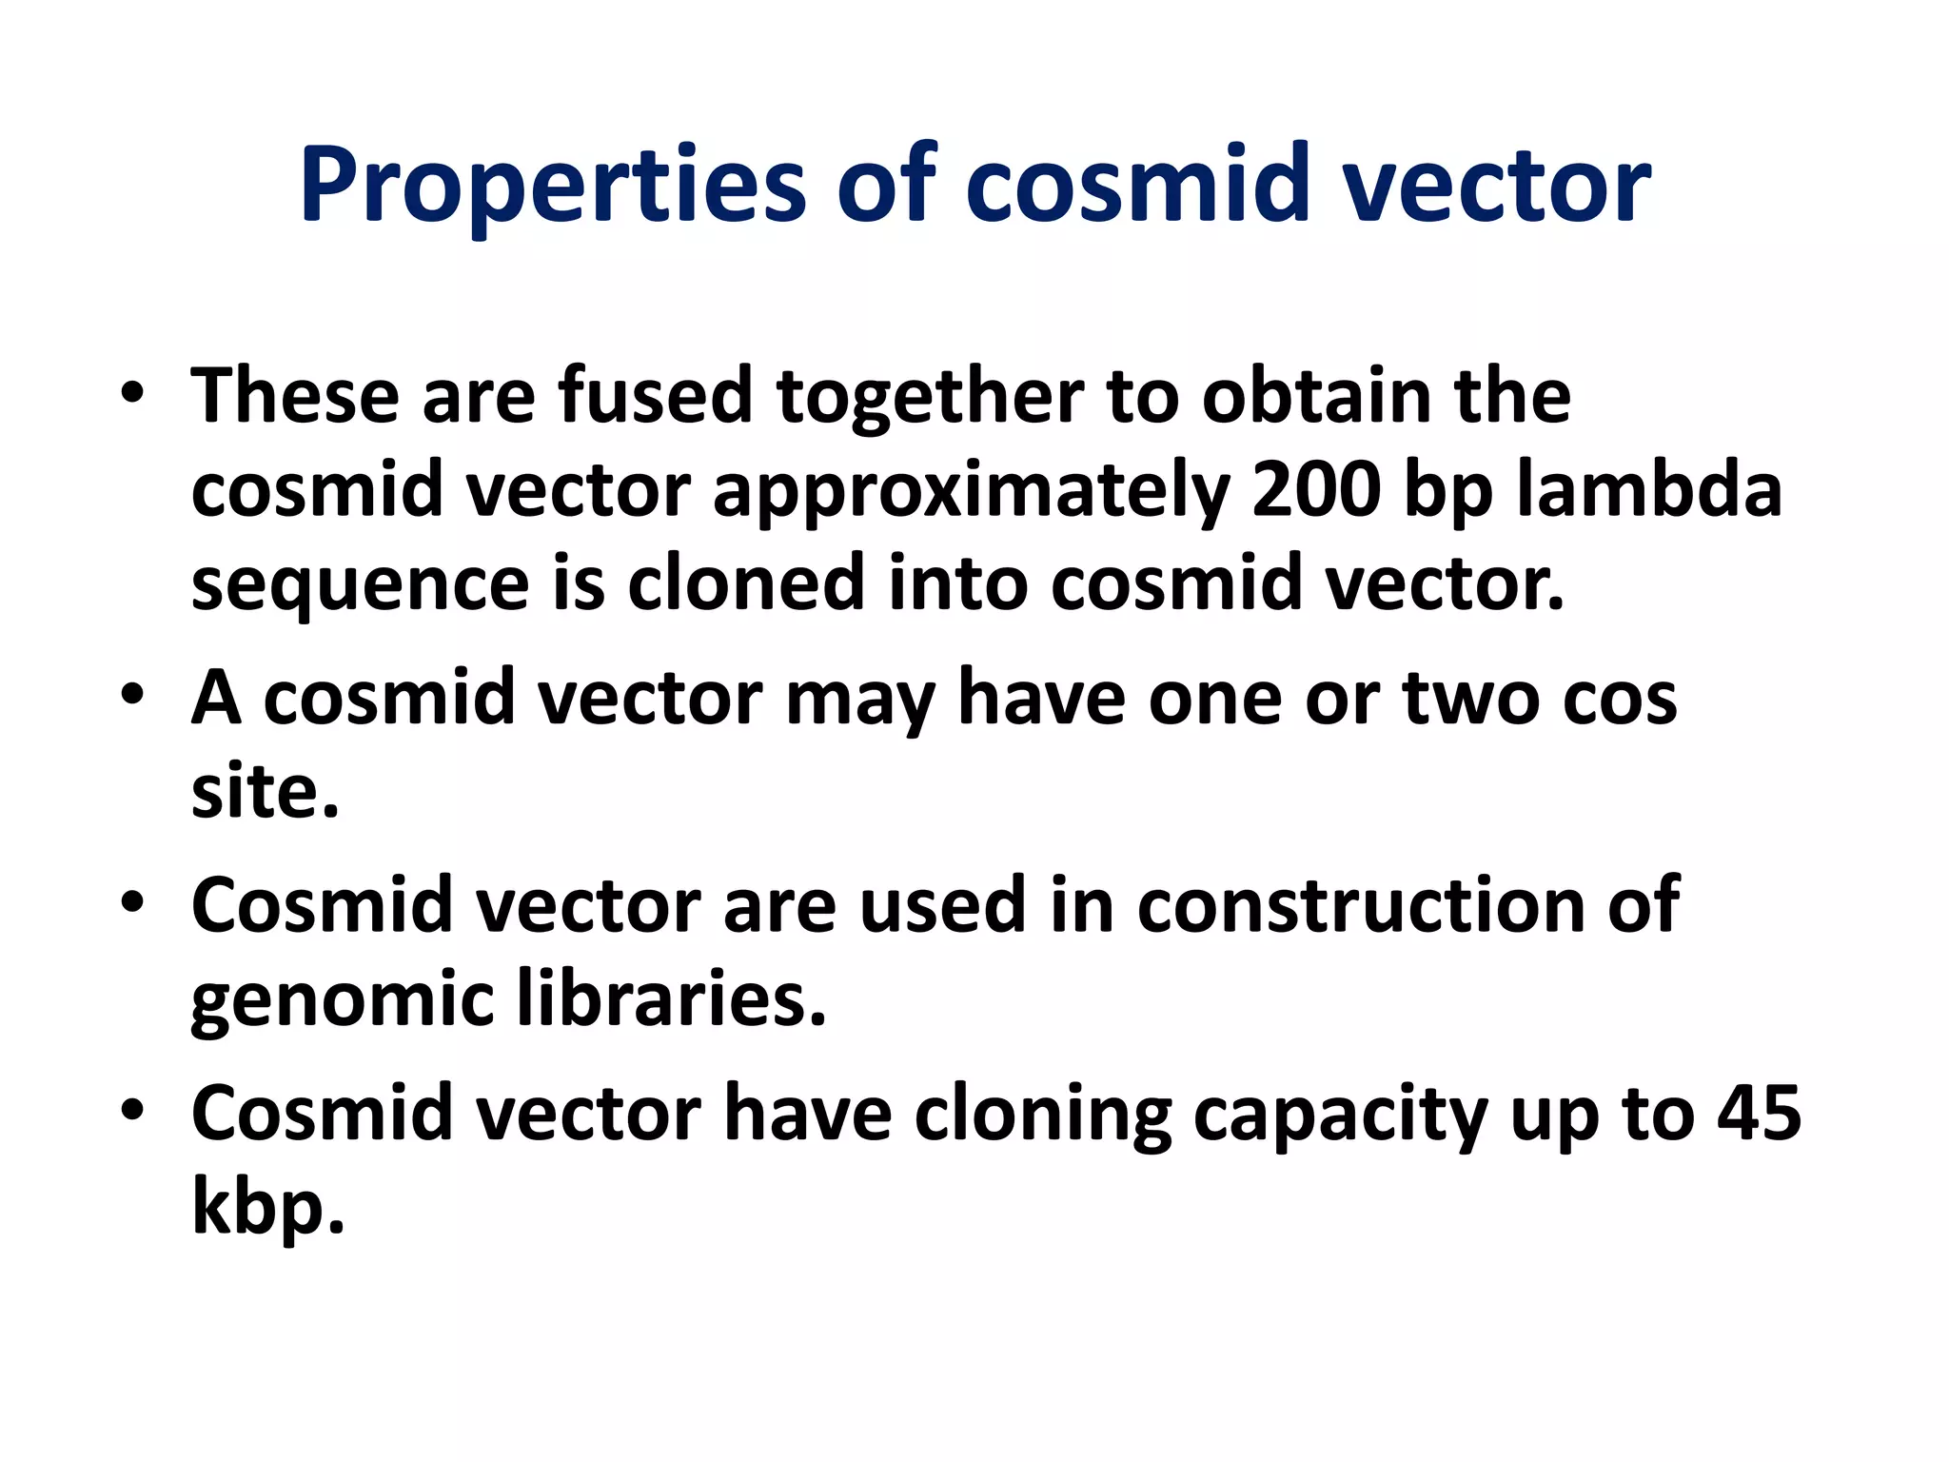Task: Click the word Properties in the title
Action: [x=553, y=185]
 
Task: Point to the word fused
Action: [x=656, y=396]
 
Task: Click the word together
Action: [x=930, y=396]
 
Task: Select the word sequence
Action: [x=360, y=584]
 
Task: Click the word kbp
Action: [x=266, y=1207]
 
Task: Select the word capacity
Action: [x=1340, y=1115]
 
